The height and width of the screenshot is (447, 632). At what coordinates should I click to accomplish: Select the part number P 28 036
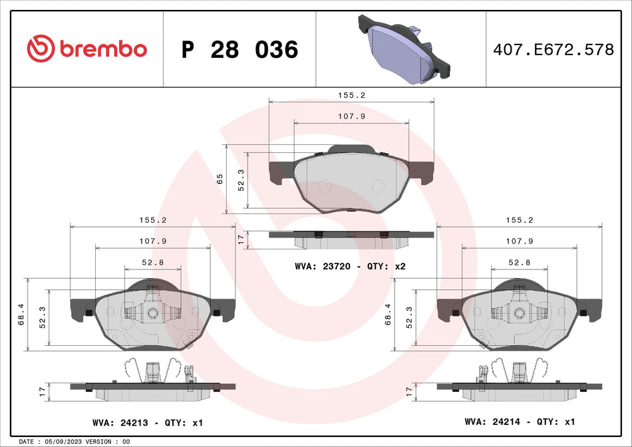[239, 49]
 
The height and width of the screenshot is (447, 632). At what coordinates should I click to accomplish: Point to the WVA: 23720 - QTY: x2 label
[350, 266]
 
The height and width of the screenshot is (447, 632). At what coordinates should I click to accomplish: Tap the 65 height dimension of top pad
[219, 179]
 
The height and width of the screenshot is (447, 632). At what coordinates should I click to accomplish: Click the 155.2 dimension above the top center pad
[351, 95]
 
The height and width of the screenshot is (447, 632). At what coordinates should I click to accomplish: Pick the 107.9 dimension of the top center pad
[351, 116]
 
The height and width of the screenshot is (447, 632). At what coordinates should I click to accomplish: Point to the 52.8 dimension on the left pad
[153, 262]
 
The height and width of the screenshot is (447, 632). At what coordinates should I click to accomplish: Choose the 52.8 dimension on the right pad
[519, 262]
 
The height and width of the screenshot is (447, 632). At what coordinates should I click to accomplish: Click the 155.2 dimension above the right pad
[519, 220]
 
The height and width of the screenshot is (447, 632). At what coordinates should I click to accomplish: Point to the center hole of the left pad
[152, 313]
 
